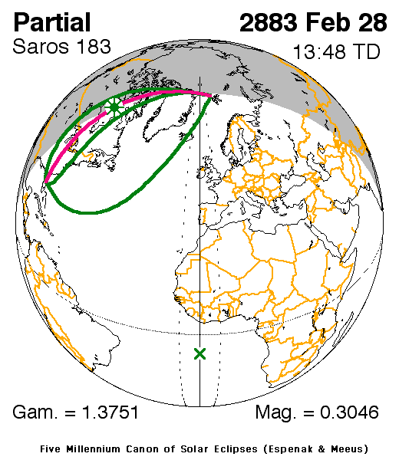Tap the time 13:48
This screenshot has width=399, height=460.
pos(317,54)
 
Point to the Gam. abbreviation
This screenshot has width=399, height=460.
pos(38,413)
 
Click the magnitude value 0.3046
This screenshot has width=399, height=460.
pos(349,413)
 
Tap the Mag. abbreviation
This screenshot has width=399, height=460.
pos(279,414)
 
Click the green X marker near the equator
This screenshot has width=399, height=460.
pos(200,353)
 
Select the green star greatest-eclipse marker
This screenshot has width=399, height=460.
pos(114,107)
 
